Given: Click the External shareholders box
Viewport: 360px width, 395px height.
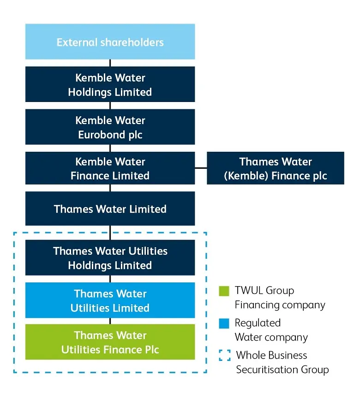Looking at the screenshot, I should (x=110, y=42).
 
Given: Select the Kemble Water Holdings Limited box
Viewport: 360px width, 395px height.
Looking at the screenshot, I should (x=110, y=84).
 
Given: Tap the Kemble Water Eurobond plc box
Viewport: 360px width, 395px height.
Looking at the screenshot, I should (x=110, y=127).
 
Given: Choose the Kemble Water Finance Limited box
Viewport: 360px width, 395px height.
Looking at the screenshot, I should (x=110, y=168).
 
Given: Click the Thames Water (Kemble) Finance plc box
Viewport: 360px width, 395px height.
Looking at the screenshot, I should (x=275, y=168).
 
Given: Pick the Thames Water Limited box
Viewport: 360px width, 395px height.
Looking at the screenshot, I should (x=110, y=209).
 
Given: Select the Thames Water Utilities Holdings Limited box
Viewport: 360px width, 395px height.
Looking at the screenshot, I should (x=110, y=257).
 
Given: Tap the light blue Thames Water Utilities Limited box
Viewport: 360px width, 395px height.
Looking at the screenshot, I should (x=110, y=300).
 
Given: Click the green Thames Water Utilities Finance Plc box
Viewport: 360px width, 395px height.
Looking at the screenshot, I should (x=110, y=342).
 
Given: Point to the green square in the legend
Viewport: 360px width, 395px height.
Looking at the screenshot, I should (x=224, y=291).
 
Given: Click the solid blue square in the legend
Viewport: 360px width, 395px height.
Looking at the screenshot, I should (x=224, y=323).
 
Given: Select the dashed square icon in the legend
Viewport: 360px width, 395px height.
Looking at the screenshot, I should (x=224, y=355).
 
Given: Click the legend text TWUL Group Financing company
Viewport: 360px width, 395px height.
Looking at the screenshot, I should (x=280, y=298).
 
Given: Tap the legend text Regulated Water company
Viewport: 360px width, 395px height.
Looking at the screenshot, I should (x=271, y=330).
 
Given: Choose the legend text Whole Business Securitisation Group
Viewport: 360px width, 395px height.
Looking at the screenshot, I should (x=282, y=362).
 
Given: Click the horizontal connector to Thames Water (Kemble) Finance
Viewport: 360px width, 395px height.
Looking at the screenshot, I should (x=201, y=168).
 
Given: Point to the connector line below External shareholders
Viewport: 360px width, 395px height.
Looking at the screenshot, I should (x=110, y=63).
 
